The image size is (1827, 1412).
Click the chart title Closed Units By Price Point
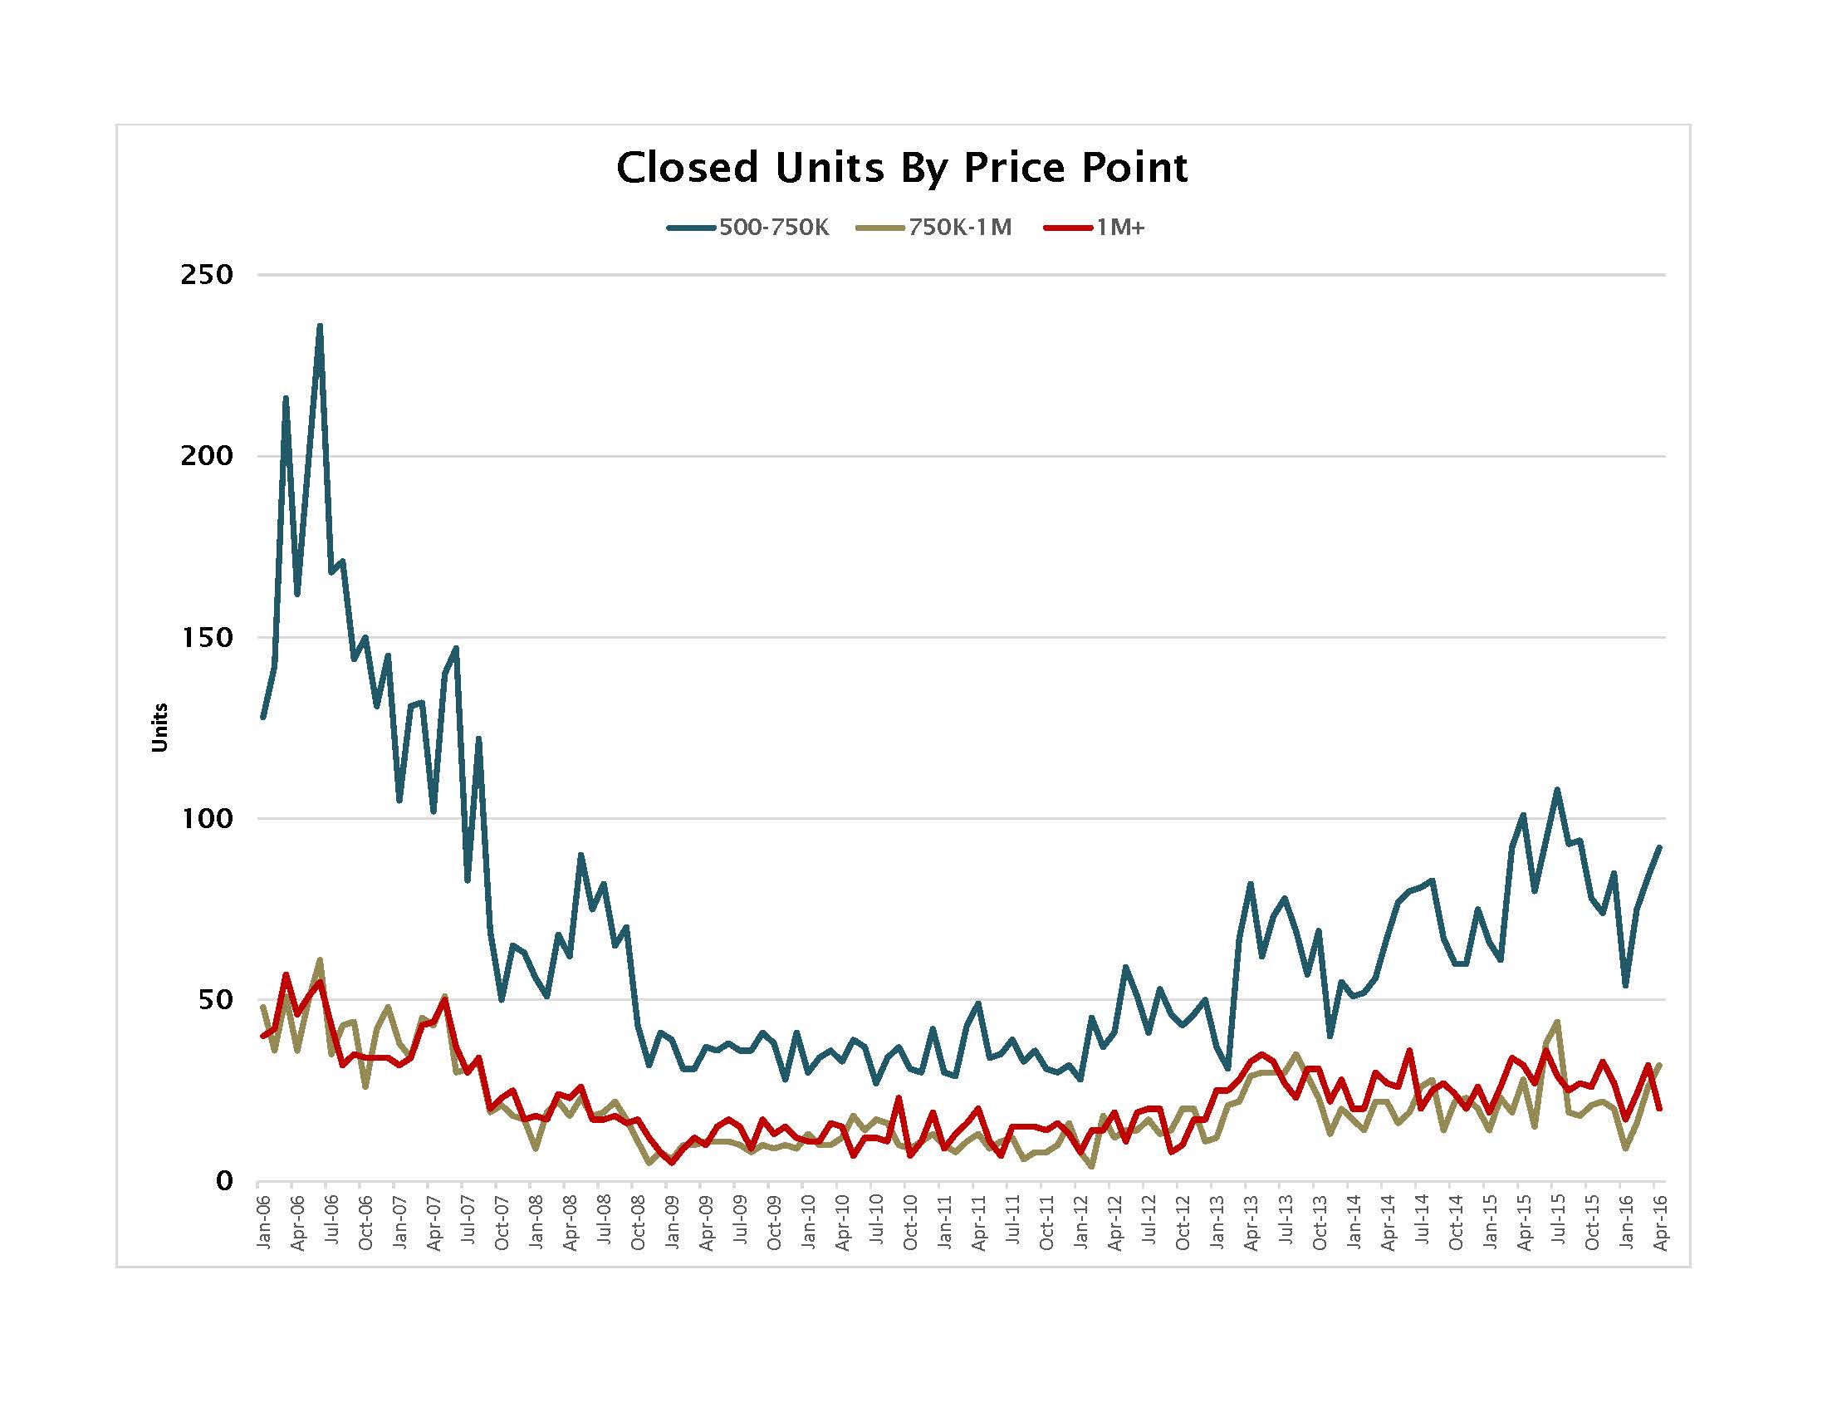(902, 167)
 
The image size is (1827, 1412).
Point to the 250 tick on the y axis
(206, 275)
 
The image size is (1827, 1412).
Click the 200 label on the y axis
(206, 456)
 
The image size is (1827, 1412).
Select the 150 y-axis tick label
(206, 637)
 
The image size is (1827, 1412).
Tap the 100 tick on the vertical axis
(206, 818)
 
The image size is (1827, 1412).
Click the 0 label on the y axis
(223, 1181)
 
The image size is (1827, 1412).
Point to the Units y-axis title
(159, 728)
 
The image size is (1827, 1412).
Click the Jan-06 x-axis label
(263, 1223)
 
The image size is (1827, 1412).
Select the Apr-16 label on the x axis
(1662, 1223)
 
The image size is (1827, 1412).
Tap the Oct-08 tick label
(639, 1223)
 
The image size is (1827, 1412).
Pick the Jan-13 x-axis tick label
(1218, 1223)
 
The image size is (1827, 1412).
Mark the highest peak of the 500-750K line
(320, 326)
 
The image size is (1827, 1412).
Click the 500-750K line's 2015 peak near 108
(1557, 789)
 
